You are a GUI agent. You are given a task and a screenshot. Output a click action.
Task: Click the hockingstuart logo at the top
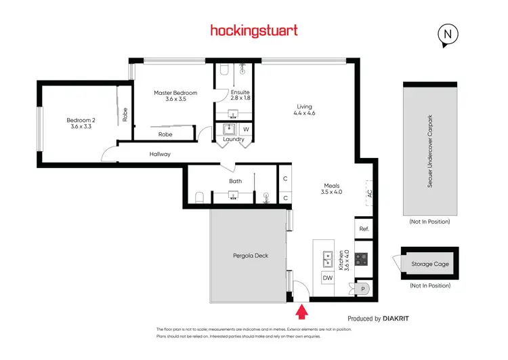pos(253,31)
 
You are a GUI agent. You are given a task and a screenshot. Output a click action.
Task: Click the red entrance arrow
pos(302,311)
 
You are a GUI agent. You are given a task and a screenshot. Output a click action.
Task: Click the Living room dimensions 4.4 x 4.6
pos(304,113)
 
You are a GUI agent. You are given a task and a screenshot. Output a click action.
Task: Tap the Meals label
pos(331,185)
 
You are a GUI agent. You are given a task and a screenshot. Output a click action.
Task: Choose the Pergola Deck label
pos(248,256)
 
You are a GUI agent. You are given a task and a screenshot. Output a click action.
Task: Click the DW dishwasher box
pos(327,278)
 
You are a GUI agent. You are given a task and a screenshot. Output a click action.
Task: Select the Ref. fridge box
pos(364,229)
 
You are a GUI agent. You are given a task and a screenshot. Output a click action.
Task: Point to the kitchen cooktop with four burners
pos(362,258)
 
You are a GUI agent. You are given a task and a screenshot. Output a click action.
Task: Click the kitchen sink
pos(327,257)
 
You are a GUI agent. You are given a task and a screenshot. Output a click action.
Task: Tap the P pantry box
pos(364,288)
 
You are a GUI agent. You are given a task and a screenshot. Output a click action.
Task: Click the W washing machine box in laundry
pos(246,129)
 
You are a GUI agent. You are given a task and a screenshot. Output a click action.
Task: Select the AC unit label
pos(369,193)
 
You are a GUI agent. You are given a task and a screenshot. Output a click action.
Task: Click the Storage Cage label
pos(430,264)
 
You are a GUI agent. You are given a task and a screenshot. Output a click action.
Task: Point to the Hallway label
pos(160,155)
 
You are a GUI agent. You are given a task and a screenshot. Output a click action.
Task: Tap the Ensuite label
pos(240,92)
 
